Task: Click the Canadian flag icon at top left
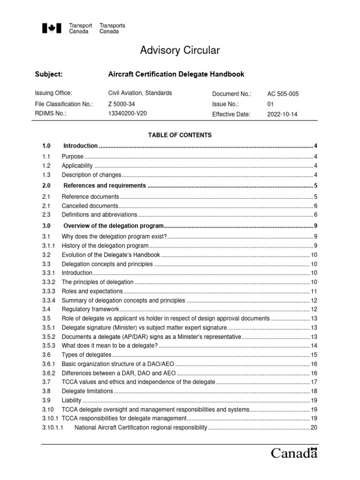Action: tap(49, 29)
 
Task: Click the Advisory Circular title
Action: tap(180, 51)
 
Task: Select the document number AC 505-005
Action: tap(283, 94)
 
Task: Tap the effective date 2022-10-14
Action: tap(283, 114)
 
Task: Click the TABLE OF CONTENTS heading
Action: tap(180, 135)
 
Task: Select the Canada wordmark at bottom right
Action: tap(294, 454)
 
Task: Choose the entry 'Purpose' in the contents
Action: tap(73, 157)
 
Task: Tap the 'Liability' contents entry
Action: tap(72, 401)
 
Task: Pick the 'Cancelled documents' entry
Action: tap(90, 206)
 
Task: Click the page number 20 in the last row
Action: tap(314, 428)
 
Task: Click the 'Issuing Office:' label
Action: tap(53, 93)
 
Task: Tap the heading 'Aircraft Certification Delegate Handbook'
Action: tap(176, 75)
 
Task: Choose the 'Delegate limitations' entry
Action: tap(88, 391)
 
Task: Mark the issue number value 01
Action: tap(270, 104)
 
